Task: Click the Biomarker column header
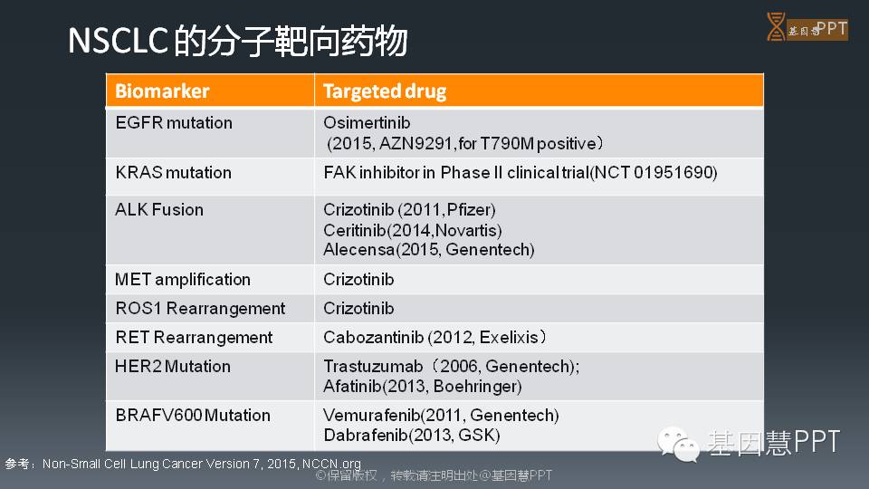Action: (x=162, y=91)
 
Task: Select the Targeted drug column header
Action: (x=385, y=91)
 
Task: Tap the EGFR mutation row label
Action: (x=174, y=122)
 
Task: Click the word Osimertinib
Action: (x=367, y=122)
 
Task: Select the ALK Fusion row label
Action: (x=159, y=209)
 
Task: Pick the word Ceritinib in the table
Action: (x=355, y=230)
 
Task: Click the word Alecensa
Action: (x=358, y=250)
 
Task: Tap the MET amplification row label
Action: (x=182, y=280)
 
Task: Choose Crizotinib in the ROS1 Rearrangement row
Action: (x=358, y=308)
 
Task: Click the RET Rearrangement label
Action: (x=194, y=337)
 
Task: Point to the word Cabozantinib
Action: (x=374, y=337)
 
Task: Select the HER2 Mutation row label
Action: (x=172, y=367)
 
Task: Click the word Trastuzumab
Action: (x=373, y=367)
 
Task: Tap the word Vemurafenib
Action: (x=372, y=416)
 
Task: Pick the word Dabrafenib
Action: (x=366, y=436)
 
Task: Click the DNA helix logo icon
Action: (x=776, y=26)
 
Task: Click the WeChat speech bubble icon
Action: (x=678, y=444)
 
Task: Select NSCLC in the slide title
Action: (x=118, y=41)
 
